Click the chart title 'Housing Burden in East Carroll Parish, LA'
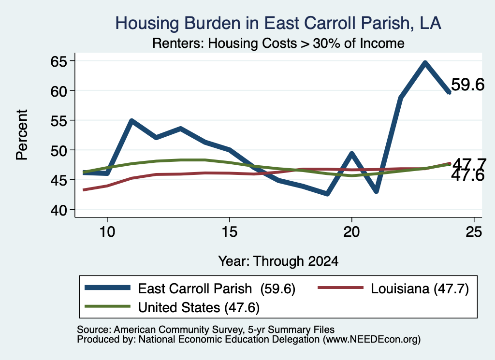(x=278, y=23)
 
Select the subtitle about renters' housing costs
(x=278, y=43)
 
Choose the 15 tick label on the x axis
(x=229, y=232)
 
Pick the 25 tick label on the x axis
(x=474, y=232)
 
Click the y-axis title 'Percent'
(x=22, y=135)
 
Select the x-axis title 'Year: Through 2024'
(x=278, y=261)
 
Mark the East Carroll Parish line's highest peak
(x=425, y=63)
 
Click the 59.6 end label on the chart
(x=467, y=85)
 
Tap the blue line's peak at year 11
(x=132, y=121)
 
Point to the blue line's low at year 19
(x=327, y=193)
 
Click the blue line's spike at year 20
(x=352, y=154)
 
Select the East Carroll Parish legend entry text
(x=217, y=288)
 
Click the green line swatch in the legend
(x=107, y=306)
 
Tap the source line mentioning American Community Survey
(x=206, y=330)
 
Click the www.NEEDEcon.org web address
(x=372, y=339)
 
